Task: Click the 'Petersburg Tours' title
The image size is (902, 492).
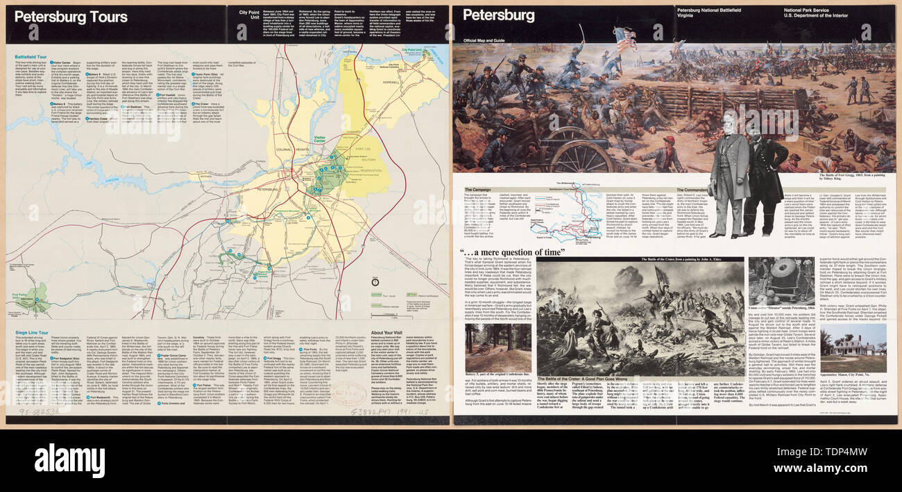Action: pos(71,17)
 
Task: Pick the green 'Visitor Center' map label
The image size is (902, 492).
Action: pos(320,139)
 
